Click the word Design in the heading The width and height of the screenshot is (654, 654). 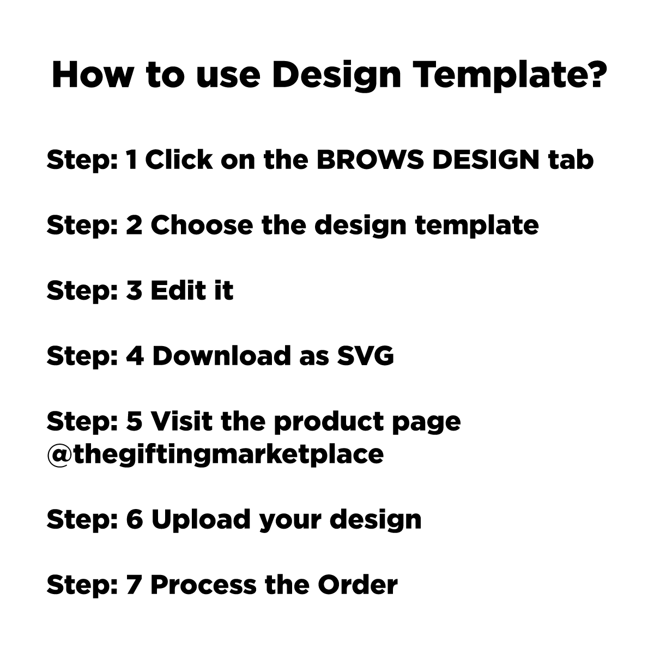(336, 76)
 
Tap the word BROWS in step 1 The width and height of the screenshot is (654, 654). (370, 160)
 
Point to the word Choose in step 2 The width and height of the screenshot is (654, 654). (202, 225)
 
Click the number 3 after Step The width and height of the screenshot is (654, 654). (134, 290)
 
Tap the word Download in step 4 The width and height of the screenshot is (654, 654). (221, 356)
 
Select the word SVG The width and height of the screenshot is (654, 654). (365, 356)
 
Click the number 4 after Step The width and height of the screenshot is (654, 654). (135, 356)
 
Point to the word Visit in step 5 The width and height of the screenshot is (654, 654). (181, 421)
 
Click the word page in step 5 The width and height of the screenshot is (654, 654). (426, 423)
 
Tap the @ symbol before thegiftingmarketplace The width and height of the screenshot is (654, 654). (60, 455)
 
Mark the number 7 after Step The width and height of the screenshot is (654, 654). (134, 585)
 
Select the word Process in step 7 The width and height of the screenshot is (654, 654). (203, 585)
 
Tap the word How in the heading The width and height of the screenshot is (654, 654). (92, 75)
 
